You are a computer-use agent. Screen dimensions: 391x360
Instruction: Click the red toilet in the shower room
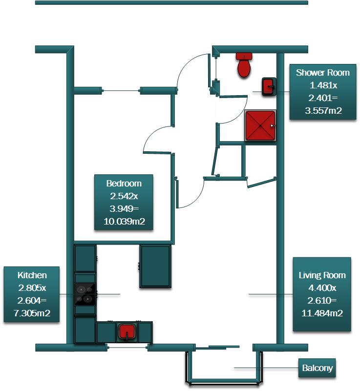coord(244,65)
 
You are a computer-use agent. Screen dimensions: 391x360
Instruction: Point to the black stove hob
coord(85,294)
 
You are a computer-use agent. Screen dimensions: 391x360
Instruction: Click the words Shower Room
coord(322,73)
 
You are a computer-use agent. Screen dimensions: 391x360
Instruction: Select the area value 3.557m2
coord(322,111)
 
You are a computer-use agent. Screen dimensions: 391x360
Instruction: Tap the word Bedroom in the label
coord(124,184)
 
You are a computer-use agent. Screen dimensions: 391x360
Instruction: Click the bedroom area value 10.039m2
coord(124,222)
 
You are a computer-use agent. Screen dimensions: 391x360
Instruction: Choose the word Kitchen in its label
coord(32,275)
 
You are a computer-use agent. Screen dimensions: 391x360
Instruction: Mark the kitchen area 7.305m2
coord(32,313)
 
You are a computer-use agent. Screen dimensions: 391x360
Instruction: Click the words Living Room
coord(322,275)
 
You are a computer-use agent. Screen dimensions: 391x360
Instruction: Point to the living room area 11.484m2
coord(322,313)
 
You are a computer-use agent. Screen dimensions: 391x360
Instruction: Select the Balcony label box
coord(317,368)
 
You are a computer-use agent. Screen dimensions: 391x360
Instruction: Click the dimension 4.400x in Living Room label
coord(322,288)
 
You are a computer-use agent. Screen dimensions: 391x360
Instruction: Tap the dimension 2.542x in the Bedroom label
coord(124,196)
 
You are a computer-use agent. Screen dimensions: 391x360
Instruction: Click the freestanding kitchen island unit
coord(155,266)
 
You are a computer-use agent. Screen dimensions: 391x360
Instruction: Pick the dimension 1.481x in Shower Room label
coord(322,85)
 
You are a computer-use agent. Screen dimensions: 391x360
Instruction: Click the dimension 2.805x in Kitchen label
coord(32,288)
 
